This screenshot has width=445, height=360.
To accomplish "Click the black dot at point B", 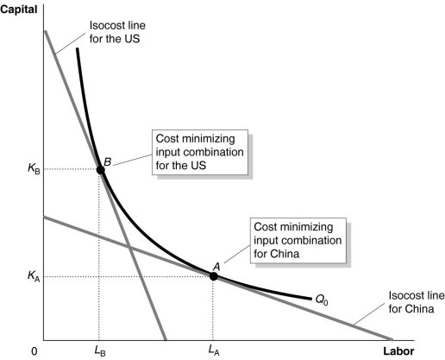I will (100, 169).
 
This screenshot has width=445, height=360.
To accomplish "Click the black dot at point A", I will (213, 276).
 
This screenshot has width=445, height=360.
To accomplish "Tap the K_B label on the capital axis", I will (24, 169).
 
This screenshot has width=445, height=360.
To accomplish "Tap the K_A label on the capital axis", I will (24, 276).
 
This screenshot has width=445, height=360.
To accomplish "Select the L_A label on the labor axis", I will (212, 351).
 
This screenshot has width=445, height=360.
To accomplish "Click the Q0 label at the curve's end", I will (323, 300).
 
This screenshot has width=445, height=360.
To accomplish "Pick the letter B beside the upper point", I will (108, 161).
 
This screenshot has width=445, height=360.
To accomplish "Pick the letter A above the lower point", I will (217, 266).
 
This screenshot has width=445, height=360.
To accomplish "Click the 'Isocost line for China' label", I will (404, 300).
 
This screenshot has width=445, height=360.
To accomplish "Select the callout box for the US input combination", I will (199, 153).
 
